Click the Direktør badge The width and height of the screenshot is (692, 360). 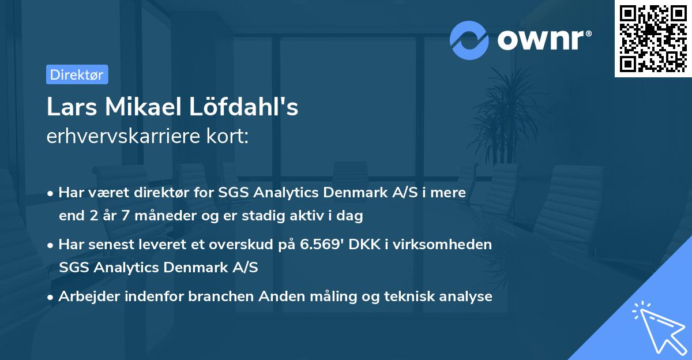click(77, 74)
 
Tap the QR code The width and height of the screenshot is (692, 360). click(653, 39)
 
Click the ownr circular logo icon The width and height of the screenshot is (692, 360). click(469, 40)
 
